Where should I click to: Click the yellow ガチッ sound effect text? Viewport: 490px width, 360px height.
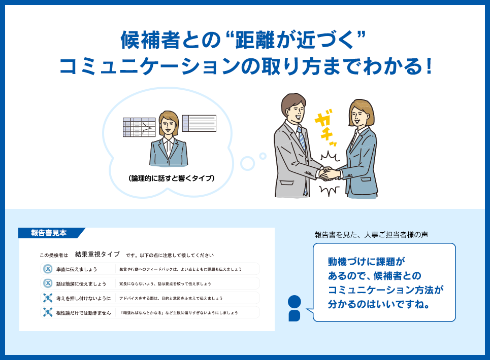(325, 128)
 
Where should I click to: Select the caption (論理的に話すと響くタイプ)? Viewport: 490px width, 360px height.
(171, 178)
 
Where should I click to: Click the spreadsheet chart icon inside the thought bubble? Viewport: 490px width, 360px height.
(139, 127)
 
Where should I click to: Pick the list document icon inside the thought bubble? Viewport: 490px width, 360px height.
(199, 123)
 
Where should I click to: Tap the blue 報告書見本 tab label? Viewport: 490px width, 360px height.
(49, 233)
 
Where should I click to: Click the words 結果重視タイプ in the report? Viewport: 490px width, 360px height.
(97, 254)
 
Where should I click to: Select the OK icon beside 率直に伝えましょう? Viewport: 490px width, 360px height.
(48, 269)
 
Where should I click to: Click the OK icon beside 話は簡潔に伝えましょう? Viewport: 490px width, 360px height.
(48, 283)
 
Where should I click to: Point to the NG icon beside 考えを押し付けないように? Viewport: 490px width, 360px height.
(48, 298)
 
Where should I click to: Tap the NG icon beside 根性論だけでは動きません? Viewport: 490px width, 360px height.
(48, 312)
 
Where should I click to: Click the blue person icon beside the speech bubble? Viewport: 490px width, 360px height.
(294, 308)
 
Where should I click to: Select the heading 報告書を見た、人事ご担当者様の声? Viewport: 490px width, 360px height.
(371, 235)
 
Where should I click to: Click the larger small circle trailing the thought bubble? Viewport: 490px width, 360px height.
(247, 163)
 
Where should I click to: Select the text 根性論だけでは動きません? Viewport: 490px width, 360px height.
(83, 312)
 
